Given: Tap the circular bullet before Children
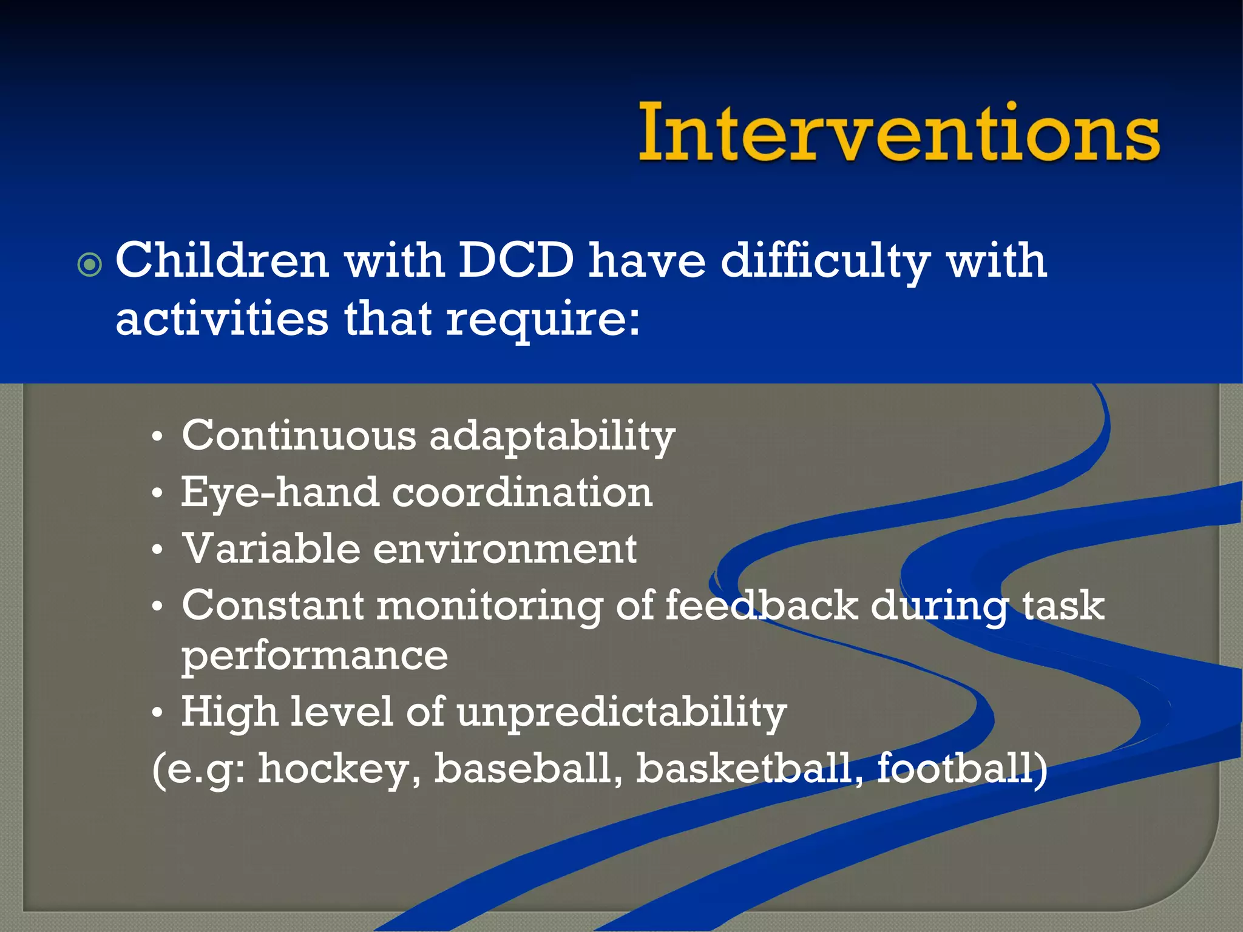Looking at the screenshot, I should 90,265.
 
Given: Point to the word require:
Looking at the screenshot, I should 543,320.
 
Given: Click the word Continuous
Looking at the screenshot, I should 299,435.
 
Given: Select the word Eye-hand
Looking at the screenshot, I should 280,493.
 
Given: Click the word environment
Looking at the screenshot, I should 504,549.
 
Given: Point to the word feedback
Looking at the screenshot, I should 761,605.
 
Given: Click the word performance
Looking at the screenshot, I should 314,657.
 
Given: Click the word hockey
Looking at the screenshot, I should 339,769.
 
